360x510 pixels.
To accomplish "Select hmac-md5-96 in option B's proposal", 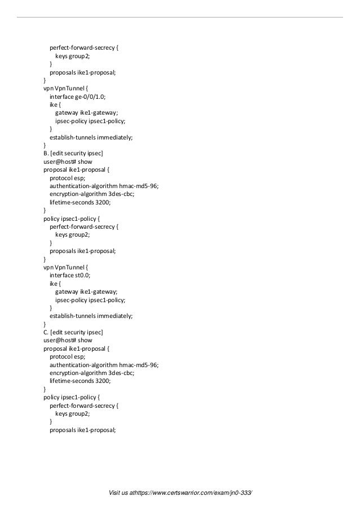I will click(139, 186).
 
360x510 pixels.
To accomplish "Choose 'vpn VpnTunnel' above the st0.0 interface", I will click(63, 267).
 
